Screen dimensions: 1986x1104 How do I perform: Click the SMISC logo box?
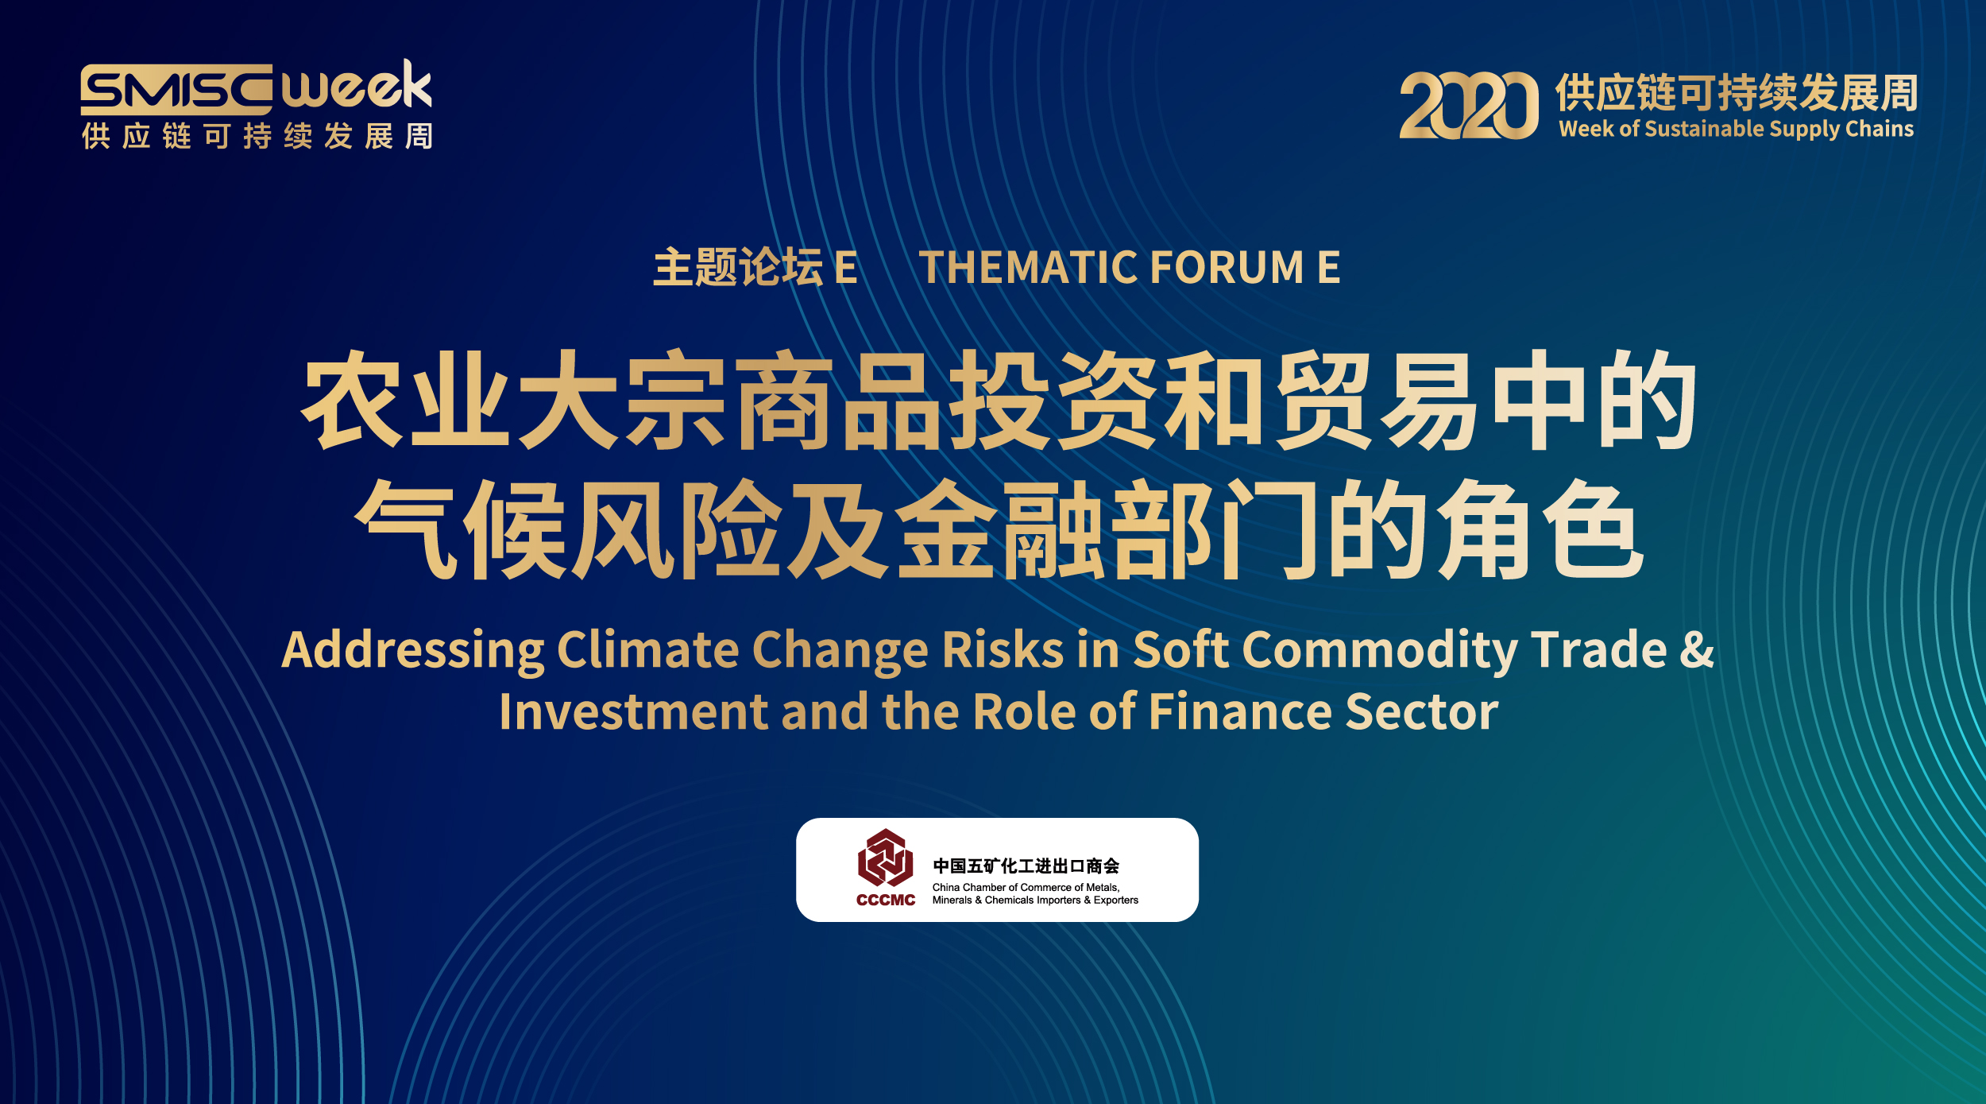click(176, 90)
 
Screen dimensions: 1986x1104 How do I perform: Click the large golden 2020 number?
click(1469, 105)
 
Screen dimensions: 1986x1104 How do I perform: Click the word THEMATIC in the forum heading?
click(1028, 267)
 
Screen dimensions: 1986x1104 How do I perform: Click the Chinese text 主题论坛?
click(738, 267)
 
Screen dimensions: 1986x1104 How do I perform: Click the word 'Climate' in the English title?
click(648, 649)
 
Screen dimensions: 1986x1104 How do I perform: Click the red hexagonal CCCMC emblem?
click(885, 858)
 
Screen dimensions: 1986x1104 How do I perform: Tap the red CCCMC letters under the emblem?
click(886, 900)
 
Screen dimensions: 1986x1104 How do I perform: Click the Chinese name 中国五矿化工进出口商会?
click(1026, 866)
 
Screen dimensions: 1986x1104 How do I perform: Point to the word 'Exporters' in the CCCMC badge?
click(1116, 901)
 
